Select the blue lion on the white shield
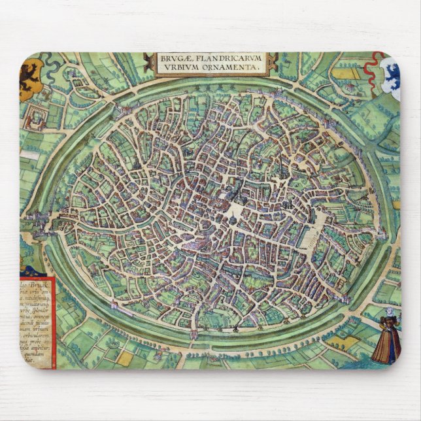pos(390,76)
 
